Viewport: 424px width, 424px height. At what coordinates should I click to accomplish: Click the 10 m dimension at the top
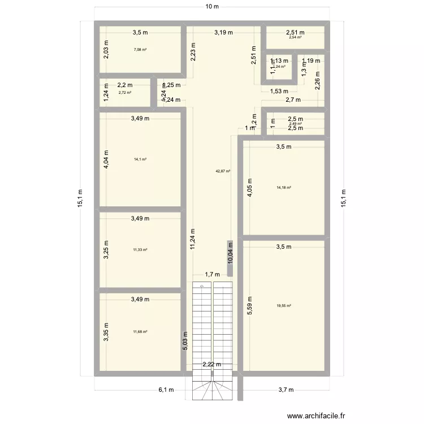click(211, 6)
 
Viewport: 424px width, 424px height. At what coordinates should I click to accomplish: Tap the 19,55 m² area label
click(284, 306)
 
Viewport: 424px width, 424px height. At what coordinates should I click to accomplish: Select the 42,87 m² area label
click(223, 171)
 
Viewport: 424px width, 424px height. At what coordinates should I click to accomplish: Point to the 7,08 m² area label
click(140, 50)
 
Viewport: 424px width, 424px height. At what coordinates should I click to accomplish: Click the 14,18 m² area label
click(284, 188)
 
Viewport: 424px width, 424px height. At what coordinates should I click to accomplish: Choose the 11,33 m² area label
click(140, 249)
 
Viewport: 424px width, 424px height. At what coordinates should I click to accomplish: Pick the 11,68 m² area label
click(140, 332)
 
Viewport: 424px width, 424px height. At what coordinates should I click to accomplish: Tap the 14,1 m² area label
click(140, 159)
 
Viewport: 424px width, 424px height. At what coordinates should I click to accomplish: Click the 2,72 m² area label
click(125, 93)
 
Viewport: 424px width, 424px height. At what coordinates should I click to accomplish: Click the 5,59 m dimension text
click(249, 306)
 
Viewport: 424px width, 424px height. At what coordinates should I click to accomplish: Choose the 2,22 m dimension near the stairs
click(212, 365)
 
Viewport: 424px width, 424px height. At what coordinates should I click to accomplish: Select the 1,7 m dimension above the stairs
click(212, 275)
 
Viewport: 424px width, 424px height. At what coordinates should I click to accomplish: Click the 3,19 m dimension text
click(223, 33)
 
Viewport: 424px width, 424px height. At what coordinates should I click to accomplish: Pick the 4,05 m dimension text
click(249, 188)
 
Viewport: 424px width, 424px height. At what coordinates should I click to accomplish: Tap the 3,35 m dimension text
click(106, 332)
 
